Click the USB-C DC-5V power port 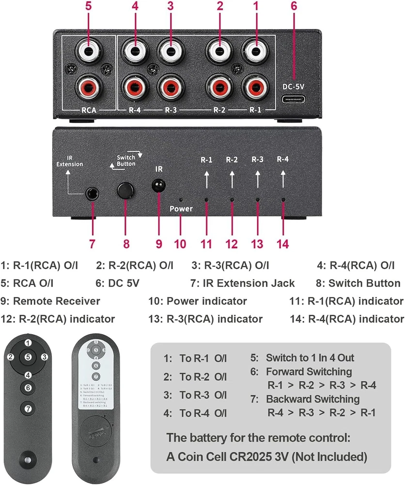click(x=293, y=101)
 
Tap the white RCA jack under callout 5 click(x=89, y=50)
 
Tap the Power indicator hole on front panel click(x=181, y=199)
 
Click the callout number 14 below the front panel click(x=282, y=243)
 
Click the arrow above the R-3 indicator click(x=257, y=180)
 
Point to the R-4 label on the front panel click(x=282, y=159)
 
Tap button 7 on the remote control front click(x=28, y=408)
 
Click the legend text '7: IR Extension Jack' click(x=243, y=283)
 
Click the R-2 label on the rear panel click(x=219, y=110)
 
